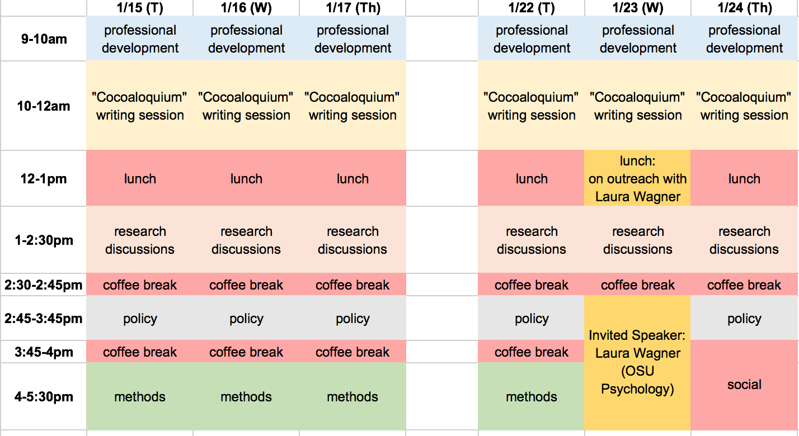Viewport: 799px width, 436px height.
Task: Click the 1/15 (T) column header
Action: click(140, 8)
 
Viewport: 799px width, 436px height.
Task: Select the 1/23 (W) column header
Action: click(638, 8)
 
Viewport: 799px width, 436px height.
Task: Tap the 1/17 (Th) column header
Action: click(352, 8)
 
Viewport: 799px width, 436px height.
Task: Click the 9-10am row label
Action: click(44, 39)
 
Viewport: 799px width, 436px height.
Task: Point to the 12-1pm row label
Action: click(44, 179)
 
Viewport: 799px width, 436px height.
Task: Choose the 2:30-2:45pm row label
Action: click(44, 285)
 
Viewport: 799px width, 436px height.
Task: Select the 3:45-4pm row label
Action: click(44, 352)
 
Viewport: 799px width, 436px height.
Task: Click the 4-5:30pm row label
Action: click(44, 397)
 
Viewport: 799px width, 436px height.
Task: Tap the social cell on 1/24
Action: click(744, 385)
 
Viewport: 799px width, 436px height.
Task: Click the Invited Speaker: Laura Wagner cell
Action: click(638, 362)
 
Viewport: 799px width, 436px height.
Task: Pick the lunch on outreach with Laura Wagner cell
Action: click(638, 179)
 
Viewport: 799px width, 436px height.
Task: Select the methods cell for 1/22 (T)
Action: click(532, 397)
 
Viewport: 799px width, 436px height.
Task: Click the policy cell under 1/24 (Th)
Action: click(744, 319)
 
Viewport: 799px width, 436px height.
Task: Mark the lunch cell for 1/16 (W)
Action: click(246, 179)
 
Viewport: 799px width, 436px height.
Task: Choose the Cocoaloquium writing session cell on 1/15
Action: click(140, 106)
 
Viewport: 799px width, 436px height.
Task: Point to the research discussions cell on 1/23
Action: click(638, 240)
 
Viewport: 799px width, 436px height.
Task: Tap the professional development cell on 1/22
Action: click(532, 39)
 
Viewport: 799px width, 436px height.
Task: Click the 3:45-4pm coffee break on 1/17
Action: click(352, 352)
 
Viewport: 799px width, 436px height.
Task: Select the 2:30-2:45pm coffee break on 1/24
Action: click(744, 285)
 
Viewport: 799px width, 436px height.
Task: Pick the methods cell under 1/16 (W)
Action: click(246, 397)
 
